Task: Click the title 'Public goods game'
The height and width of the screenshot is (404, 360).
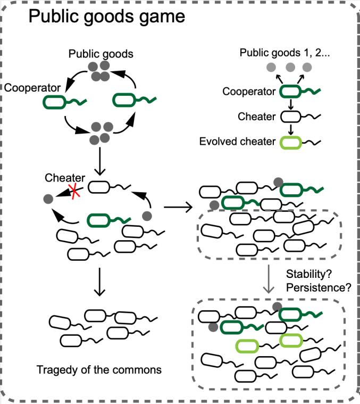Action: click(x=106, y=17)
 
